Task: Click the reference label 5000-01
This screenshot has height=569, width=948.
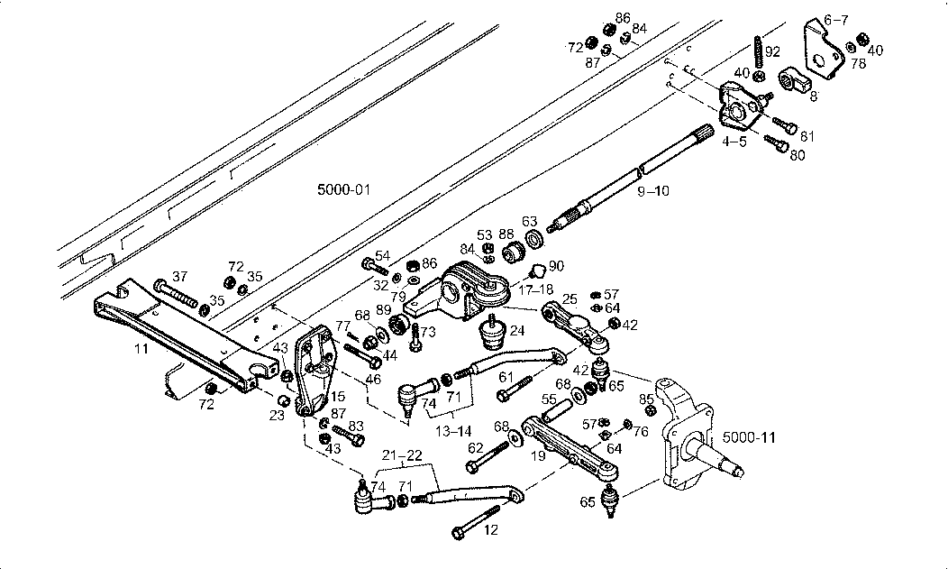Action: (x=343, y=190)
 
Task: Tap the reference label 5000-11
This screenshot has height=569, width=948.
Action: (x=749, y=437)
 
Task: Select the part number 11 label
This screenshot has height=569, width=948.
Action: (x=141, y=350)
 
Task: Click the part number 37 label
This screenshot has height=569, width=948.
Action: (x=179, y=277)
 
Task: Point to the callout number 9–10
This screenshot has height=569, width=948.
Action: (x=653, y=191)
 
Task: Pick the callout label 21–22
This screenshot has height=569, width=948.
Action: (x=402, y=455)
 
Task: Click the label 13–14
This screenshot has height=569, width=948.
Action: (x=453, y=432)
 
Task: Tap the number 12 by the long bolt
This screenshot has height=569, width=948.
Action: (x=491, y=530)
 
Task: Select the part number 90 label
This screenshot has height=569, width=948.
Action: (x=556, y=266)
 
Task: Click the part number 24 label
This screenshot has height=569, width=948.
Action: (x=517, y=331)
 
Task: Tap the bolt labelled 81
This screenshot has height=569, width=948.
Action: (x=785, y=125)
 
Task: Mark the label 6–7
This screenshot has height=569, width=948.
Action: (x=836, y=20)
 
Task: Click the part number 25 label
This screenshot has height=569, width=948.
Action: (x=570, y=299)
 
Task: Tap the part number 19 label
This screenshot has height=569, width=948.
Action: (x=538, y=456)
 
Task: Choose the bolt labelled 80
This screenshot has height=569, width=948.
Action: (x=776, y=143)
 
